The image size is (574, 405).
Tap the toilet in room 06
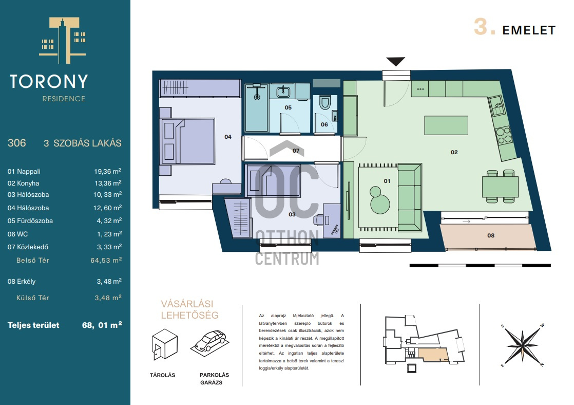324,103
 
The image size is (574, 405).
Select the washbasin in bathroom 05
283,91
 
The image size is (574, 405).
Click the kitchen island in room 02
446,125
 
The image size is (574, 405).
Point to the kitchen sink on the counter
497,106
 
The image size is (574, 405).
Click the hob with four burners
503,135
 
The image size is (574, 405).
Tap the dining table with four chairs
500,187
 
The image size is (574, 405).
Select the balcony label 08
491,236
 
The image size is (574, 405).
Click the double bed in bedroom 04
188,141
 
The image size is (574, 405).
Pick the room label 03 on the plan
292,214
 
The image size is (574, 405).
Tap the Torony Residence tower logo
63,40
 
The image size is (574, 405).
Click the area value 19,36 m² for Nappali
108,171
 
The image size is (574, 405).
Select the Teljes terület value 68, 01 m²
102,325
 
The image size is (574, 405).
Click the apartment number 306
17,143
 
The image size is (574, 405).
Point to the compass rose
523,345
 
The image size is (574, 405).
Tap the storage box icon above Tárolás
165,344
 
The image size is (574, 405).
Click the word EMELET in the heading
529,30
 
